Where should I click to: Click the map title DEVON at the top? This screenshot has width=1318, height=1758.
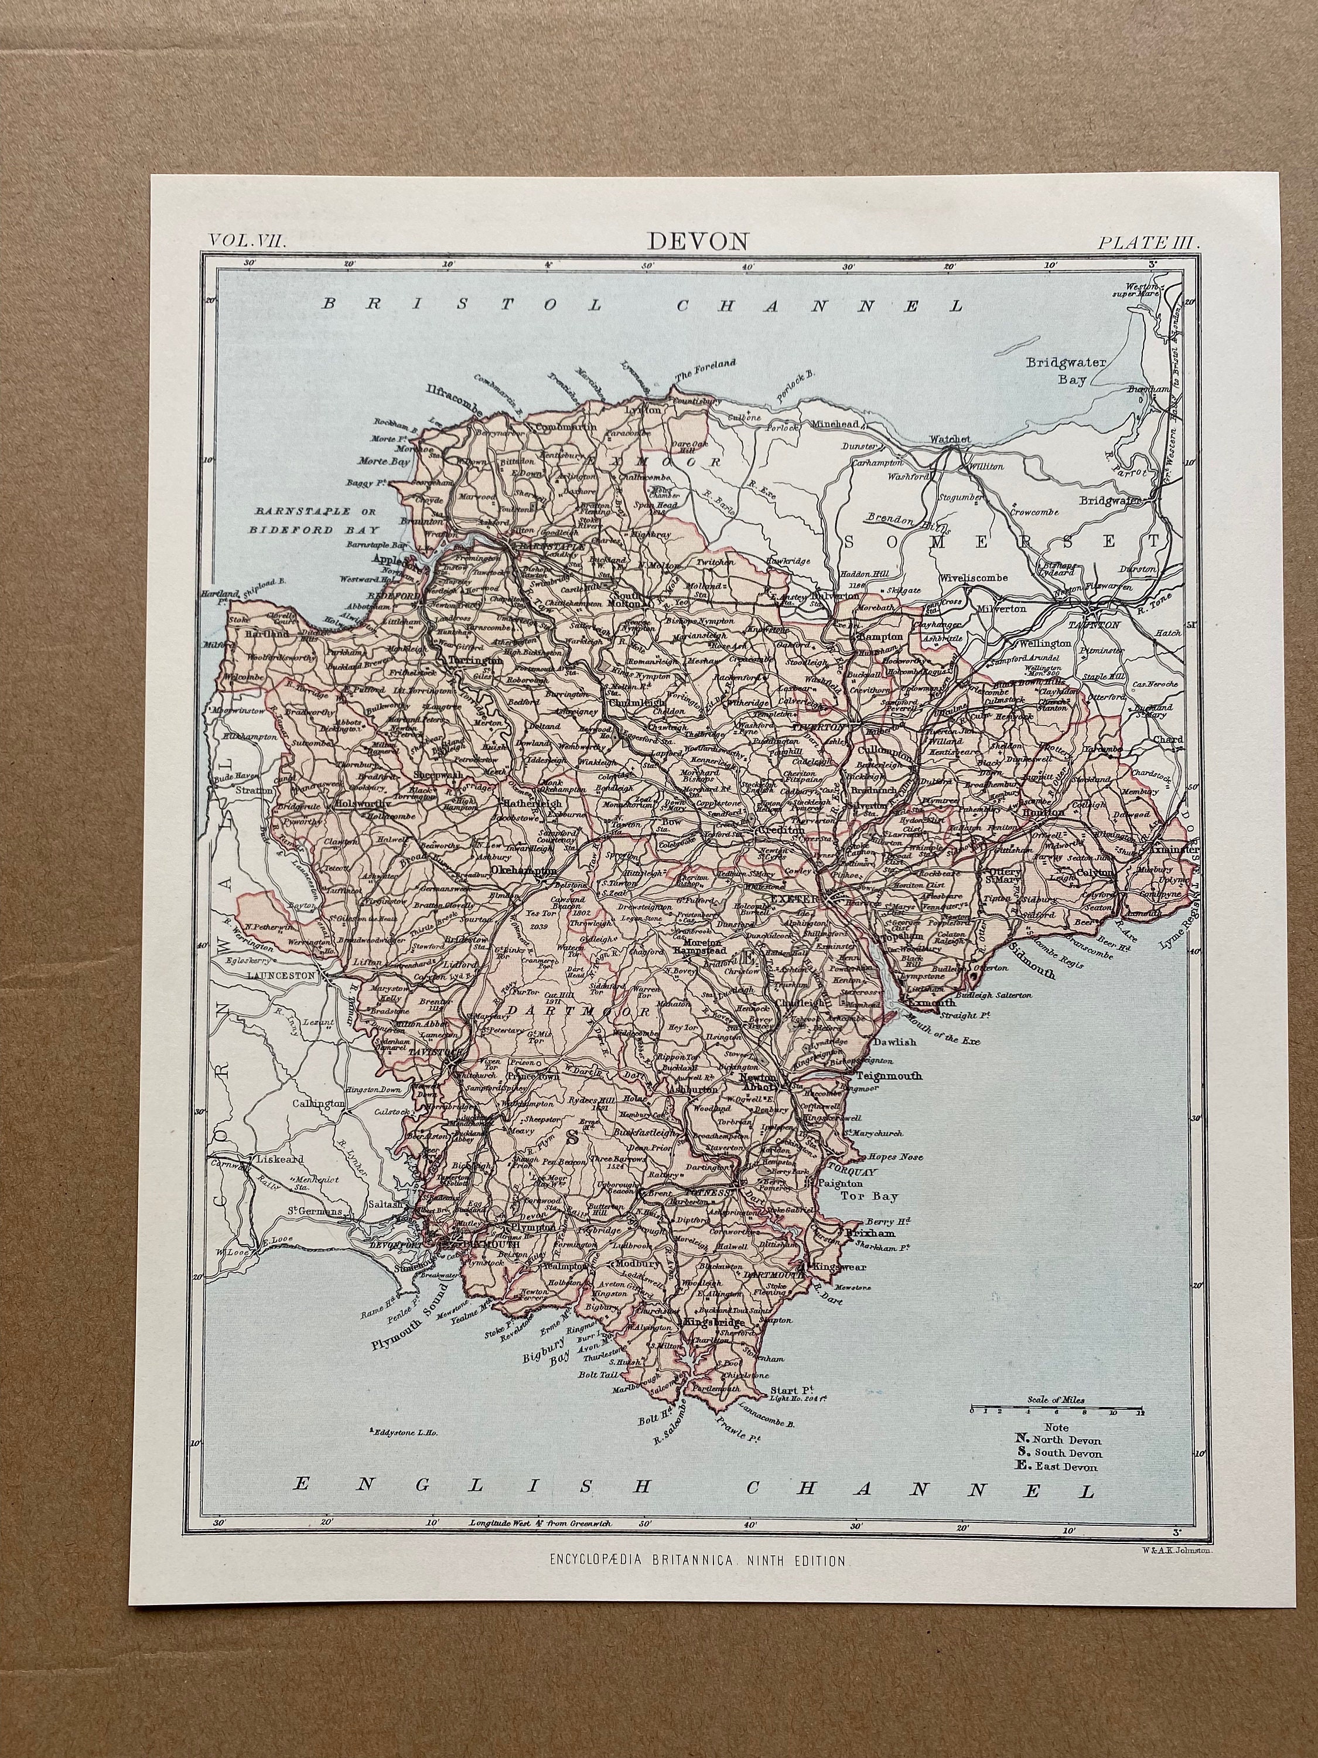(687, 240)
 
